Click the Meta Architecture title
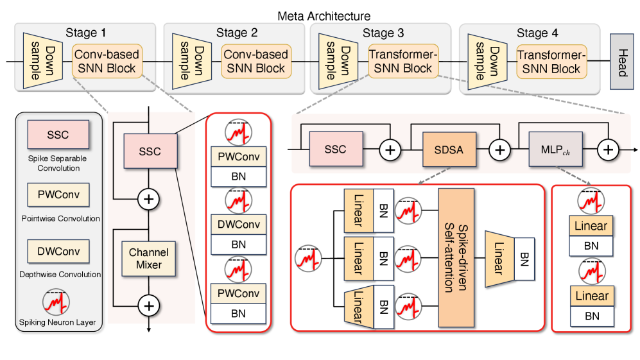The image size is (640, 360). pyautogui.click(x=324, y=15)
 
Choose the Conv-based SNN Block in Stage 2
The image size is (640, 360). pyautogui.click(x=255, y=61)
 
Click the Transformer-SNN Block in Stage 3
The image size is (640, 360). pyautogui.click(x=400, y=62)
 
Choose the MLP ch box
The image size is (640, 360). pyautogui.click(x=551, y=150)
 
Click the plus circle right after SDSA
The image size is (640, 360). pyautogui.click(x=499, y=150)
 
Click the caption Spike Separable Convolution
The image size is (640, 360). pyautogui.click(x=58, y=163)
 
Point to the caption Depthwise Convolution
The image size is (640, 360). pyautogui.click(x=58, y=274)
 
